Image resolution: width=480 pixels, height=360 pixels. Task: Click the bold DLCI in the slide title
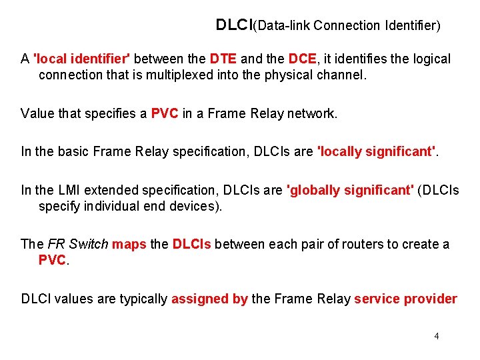pos(234,25)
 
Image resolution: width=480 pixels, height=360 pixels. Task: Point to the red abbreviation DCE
pos(302,59)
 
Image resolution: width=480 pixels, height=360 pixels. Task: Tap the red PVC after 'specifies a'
pos(165,113)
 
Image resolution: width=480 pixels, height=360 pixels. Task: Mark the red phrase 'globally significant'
pos(349,190)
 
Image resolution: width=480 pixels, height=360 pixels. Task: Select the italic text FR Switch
pos(78,244)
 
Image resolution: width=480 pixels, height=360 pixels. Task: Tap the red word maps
pos(129,244)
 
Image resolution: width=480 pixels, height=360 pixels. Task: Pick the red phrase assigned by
pos(209,299)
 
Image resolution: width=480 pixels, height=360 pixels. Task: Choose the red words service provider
pos(405,299)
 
